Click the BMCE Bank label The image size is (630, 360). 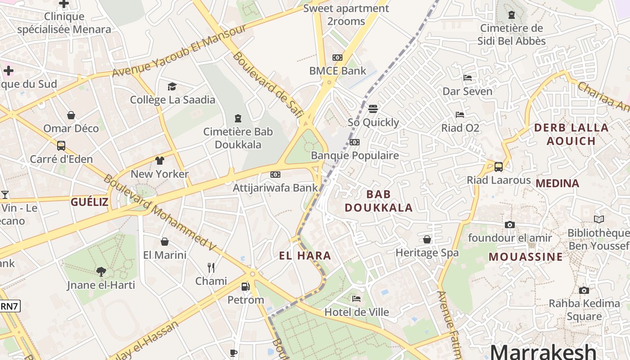[337, 71]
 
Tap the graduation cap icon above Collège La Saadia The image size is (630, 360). [172, 86]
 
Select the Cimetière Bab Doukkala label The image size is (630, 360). [238, 138]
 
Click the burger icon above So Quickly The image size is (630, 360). [373, 109]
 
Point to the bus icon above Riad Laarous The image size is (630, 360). [499, 167]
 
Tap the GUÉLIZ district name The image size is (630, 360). [90, 202]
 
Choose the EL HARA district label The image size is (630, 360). [305, 256]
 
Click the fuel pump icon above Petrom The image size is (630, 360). [245, 286]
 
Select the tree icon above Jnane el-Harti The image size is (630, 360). [101, 271]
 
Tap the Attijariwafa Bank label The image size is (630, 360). [275, 188]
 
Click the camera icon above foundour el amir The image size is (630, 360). [509, 225]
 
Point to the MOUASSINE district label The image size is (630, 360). [526, 257]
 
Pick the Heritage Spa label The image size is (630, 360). [427, 253]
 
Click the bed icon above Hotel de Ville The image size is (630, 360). [356, 298]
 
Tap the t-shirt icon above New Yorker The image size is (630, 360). [160, 161]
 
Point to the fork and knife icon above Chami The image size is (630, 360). [211, 268]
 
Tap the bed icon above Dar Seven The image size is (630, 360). [468, 78]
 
